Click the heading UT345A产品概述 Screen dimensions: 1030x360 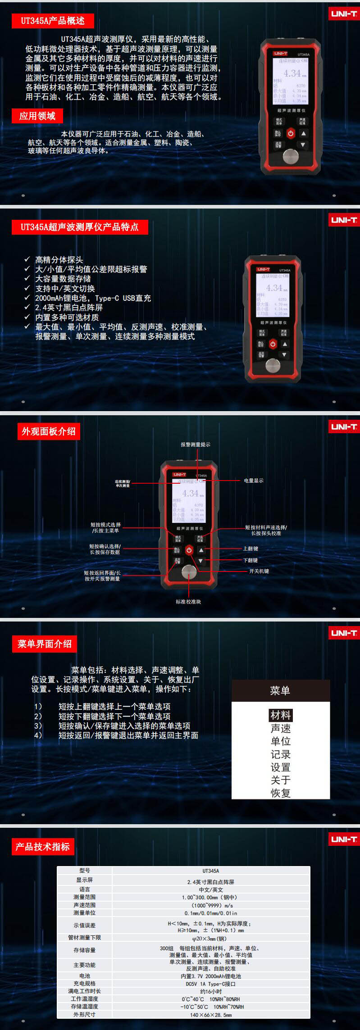pos(53,21)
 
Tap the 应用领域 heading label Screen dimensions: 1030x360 pos(37,116)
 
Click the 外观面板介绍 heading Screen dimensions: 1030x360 pos(49,431)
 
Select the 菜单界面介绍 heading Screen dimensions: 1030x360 pos(44,644)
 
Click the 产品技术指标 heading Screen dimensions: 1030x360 pos(43,847)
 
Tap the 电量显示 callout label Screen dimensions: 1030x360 pos(254,481)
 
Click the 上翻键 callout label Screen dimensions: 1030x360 pos(251,549)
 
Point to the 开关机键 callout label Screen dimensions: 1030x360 pos(259,571)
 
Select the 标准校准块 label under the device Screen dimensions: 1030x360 pos(188,602)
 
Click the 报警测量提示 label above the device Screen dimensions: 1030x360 pos(196,445)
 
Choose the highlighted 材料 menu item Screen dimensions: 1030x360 pos(280,715)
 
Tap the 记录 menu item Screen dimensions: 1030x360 pos(280,754)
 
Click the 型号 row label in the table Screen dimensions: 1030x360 pos(84,871)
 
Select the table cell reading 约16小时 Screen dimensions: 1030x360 pos(210,991)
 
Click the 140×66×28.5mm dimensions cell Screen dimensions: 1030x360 pos(210,1015)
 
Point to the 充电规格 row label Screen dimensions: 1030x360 pos(84,984)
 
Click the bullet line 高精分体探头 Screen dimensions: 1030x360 pos(59,260)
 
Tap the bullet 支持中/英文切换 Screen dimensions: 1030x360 pos(65,289)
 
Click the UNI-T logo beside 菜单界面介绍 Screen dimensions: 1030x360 pos(344,633)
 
